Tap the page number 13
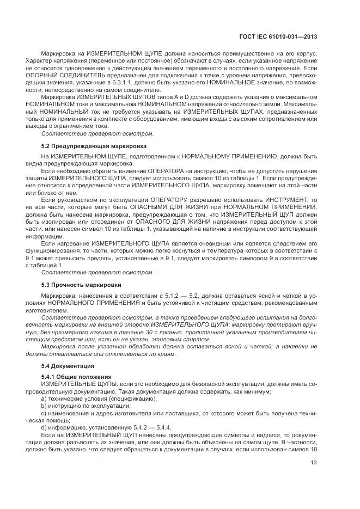click(314, 463)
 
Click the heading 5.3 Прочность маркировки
click(81, 285)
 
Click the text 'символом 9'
click(247, 259)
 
